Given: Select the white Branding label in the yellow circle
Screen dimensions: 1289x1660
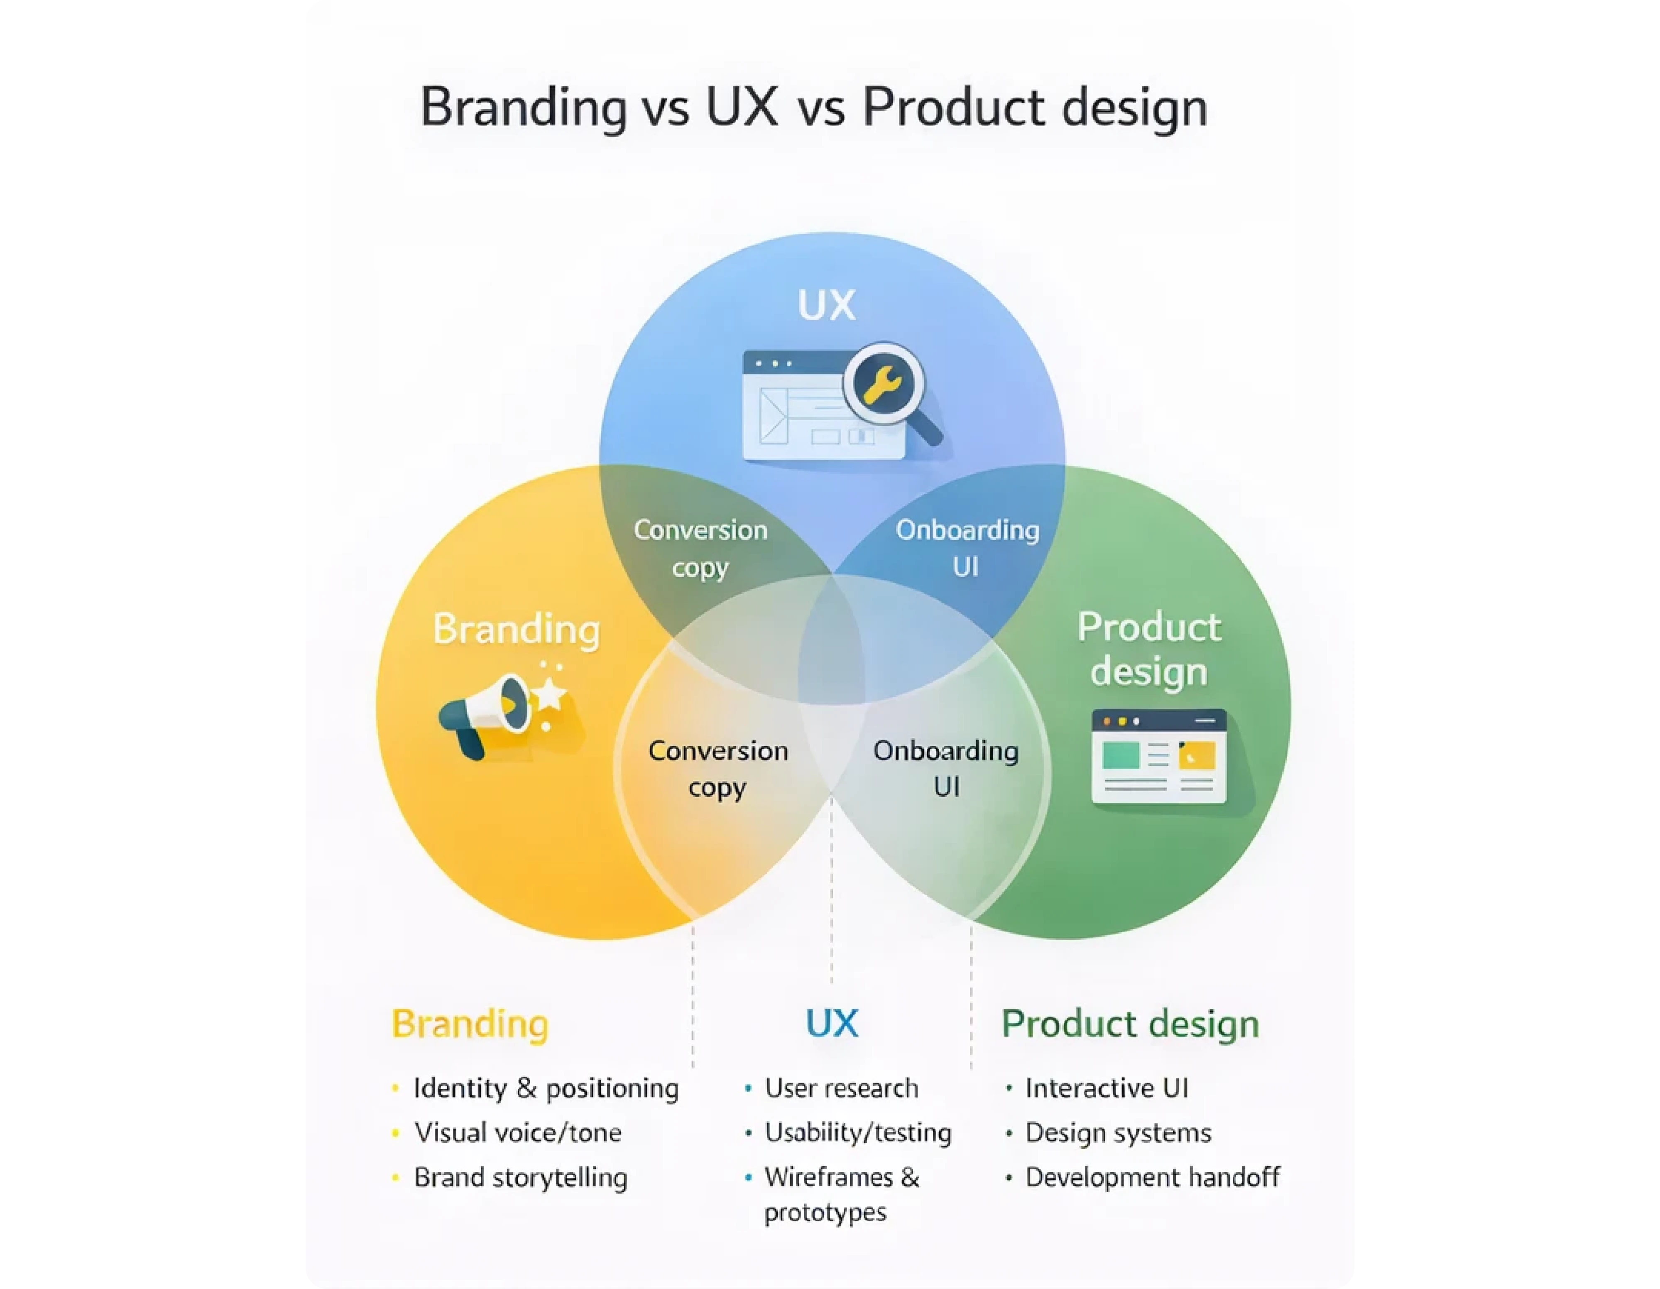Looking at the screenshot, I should tap(516, 629).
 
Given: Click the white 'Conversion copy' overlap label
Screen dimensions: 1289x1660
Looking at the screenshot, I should tap(700, 548).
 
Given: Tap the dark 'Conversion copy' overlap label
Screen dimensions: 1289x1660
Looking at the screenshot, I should tap(717, 768).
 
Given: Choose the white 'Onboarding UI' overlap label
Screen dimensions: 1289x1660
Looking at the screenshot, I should tap(967, 548).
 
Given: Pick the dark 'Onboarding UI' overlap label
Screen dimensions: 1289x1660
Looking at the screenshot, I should tap(945, 768).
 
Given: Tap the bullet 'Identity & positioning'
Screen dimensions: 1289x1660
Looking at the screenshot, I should tap(545, 1088).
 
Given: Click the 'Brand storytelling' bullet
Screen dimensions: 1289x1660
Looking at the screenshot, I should tap(521, 1177).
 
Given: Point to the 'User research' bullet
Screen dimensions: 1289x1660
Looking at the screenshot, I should tap(841, 1088).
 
